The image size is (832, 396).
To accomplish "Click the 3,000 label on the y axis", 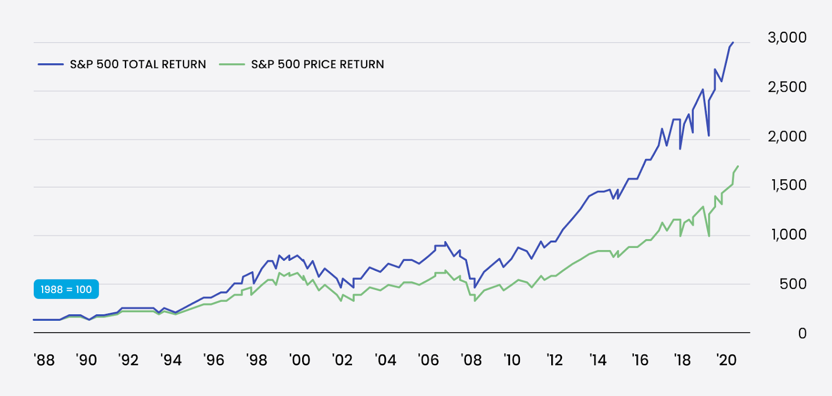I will [787, 37].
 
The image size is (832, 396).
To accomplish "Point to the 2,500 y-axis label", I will [787, 87].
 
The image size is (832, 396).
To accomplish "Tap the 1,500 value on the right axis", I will [788, 185].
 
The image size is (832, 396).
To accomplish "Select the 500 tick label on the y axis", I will [792, 284].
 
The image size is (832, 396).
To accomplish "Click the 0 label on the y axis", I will [802, 333].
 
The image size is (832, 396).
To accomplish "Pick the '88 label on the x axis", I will [44, 360].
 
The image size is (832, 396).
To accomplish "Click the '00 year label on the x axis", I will [300, 360].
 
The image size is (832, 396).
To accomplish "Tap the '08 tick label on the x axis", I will [471, 360].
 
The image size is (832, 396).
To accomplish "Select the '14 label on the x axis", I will [597, 360].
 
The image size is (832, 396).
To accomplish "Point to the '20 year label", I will [726, 360].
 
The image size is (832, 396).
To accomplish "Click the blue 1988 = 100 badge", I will [66, 289].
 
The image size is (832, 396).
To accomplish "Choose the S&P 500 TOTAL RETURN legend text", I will [138, 64].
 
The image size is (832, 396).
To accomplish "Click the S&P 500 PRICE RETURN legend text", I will [317, 64].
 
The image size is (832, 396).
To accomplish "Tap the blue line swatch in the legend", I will [50, 64].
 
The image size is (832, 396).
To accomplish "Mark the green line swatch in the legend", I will [231, 64].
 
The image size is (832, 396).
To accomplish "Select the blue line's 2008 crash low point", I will [475, 287].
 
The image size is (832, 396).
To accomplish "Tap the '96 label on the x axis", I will [214, 360].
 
